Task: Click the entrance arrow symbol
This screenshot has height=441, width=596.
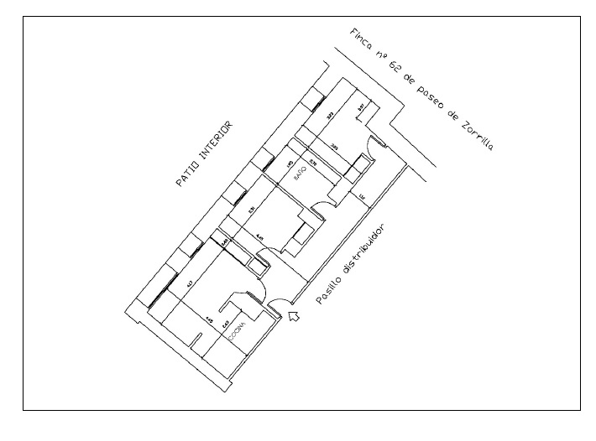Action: click(294, 315)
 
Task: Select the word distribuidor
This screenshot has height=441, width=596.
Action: click(367, 247)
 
